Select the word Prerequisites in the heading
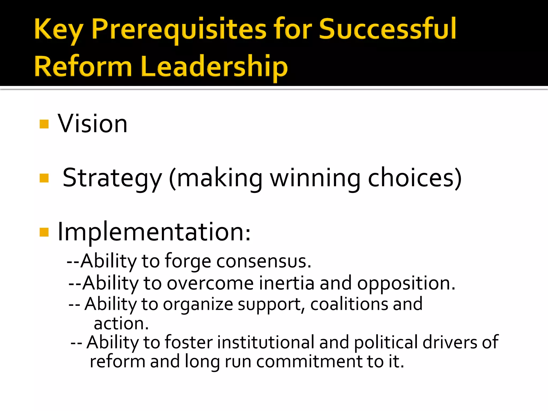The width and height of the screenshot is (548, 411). point(179,29)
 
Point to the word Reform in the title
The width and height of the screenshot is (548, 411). point(83,66)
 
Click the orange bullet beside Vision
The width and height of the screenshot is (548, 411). point(44,124)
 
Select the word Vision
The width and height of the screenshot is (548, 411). point(93,124)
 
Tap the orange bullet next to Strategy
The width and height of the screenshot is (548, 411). point(44,178)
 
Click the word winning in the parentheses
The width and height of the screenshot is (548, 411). point(315,178)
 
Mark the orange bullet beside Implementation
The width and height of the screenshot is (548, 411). point(44,232)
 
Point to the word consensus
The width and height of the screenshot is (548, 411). point(263,261)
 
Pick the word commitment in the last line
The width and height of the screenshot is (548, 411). point(309,362)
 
